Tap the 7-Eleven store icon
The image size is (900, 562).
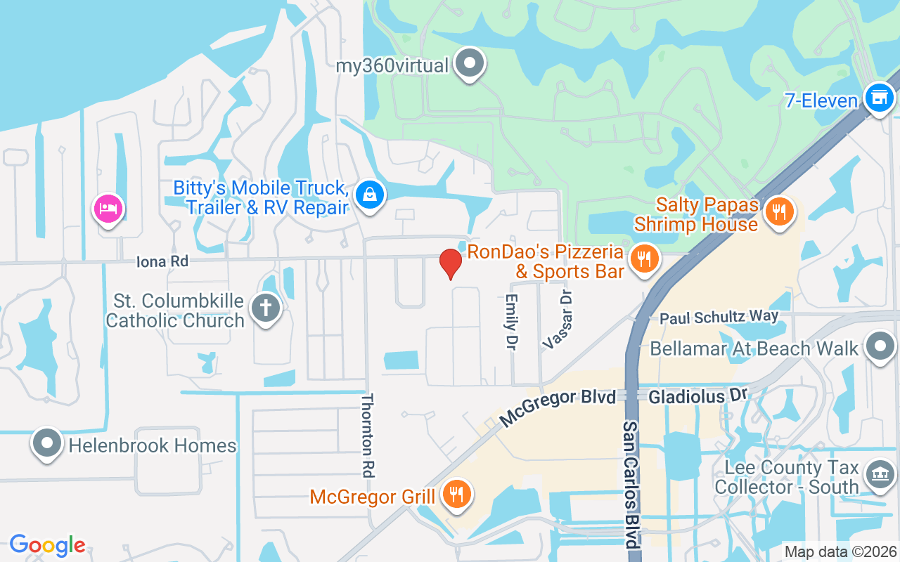[878, 98]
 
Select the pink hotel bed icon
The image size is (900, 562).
[108, 208]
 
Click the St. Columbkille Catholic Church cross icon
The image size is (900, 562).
[267, 308]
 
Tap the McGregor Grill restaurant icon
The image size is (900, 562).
[456, 495]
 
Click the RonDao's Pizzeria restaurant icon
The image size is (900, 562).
[643, 259]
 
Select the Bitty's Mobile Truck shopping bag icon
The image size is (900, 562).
[369, 195]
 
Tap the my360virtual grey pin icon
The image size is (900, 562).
[470, 64]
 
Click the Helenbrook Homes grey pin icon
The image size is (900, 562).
[47, 444]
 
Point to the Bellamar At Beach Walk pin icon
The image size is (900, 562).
[879, 347]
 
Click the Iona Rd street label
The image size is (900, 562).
[162, 261]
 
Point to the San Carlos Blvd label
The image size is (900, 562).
[631, 485]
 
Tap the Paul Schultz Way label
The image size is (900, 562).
[719, 317]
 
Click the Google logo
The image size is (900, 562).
[47, 544]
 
